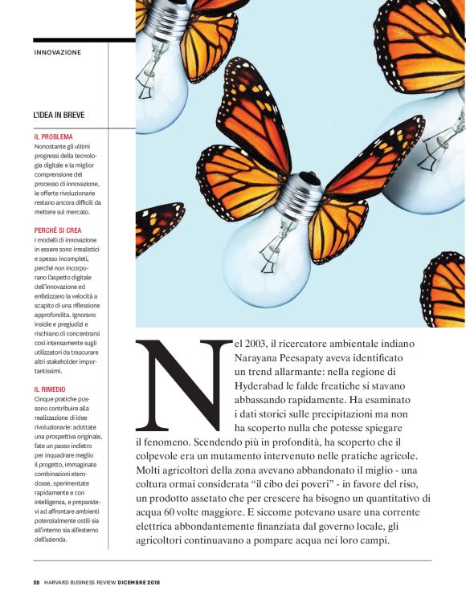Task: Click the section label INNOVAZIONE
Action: (58, 53)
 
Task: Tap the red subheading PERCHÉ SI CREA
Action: (59, 230)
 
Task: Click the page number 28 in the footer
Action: (36, 581)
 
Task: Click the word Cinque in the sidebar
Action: (45, 399)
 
